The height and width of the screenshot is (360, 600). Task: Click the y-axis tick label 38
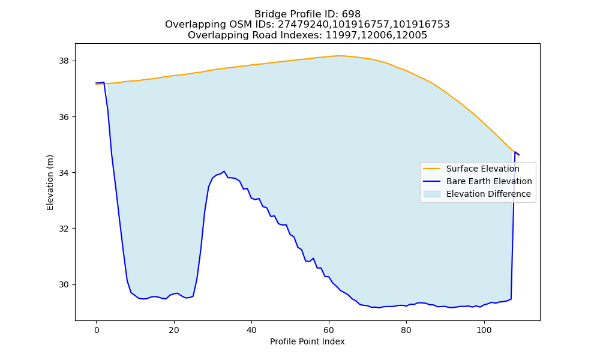tap(64, 61)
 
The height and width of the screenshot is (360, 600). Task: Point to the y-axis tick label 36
tap(64, 117)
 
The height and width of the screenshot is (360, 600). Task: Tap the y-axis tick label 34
tap(64, 173)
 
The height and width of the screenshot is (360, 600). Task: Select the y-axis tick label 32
tap(64, 229)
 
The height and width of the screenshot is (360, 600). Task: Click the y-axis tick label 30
tap(64, 284)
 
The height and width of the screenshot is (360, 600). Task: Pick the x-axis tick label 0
tap(97, 330)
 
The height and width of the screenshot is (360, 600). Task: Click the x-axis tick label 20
tap(174, 330)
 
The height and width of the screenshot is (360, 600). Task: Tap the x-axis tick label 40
tap(251, 330)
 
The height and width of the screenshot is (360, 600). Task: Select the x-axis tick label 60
tap(329, 330)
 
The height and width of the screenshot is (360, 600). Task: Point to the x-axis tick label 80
tap(406, 330)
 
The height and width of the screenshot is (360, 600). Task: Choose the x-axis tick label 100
tap(484, 330)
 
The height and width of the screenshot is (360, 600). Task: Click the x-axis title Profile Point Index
tap(307, 341)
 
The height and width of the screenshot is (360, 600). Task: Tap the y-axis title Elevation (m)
tap(50, 182)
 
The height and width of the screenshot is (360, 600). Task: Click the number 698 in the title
tap(351, 14)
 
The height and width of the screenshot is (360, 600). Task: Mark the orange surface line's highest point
tap(339, 56)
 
